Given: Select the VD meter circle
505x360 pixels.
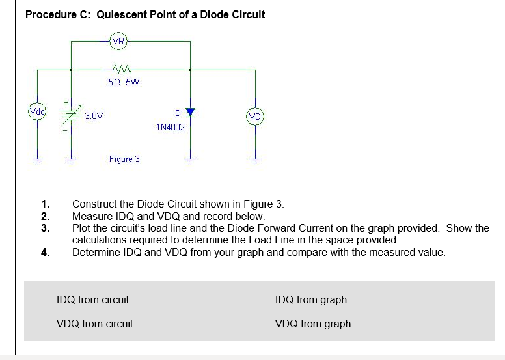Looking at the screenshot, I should coord(255,117).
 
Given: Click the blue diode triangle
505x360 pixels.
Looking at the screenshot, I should coord(190,111).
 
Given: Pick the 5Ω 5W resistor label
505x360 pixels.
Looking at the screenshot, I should coord(123,82).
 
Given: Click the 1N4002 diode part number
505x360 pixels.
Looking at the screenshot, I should coord(171,127).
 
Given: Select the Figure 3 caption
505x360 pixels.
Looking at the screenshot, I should coord(124,159).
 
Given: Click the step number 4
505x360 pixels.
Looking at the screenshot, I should coord(44,252).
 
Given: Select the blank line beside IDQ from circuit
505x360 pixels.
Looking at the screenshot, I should coord(184,305).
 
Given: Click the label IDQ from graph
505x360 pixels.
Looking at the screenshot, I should coord(310,300).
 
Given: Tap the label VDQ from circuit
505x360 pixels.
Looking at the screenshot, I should coord(95,324).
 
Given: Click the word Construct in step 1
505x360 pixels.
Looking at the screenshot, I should coord(95,204).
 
